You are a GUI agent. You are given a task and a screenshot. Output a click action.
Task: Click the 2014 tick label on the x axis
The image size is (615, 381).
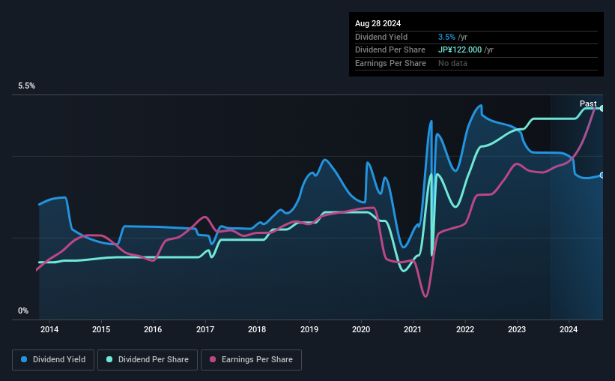pyautogui.click(x=49, y=329)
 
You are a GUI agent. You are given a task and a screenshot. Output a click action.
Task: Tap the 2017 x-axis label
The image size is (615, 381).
pyautogui.click(x=205, y=329)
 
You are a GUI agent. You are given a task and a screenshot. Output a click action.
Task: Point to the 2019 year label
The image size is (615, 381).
pyautogui.click(x=309, y=329)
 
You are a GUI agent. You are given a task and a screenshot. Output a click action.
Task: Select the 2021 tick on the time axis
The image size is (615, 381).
pyautogui.click(x=413, y=329)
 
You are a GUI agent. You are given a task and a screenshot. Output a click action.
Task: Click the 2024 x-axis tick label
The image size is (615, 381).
pyautogui.click(x=569, y=329)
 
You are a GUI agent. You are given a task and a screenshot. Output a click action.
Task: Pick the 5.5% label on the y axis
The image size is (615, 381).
pyautogui.click(x=26, y=86)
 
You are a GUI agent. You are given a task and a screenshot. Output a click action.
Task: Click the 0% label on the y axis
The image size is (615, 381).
pyautogui.click(x=23, y=310)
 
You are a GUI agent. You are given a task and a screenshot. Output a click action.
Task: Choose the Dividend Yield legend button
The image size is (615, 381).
pyautogui.click(x=53, y=360)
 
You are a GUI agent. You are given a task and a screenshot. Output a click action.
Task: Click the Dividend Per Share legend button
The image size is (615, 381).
pyautogui.click(x=147, y=360)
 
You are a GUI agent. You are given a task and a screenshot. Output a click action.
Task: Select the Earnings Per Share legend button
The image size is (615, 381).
pyautogui.click(x=252, y=360)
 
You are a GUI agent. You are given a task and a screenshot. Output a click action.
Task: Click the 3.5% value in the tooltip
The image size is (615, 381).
pyautogui.click(x=446, y=37)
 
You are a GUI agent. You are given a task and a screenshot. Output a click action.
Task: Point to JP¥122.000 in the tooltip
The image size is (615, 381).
pyautogui.click(x=460, y=50)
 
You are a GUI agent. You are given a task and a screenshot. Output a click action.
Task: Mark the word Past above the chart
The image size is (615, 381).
pyautogui.click(x=588, y=103)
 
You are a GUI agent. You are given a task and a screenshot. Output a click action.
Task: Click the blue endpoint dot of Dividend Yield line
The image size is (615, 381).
pyautogui.click(x=602, y=175)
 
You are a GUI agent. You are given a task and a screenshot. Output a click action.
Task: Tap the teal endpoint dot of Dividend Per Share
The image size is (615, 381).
pyautogui.click(x=602, y=109)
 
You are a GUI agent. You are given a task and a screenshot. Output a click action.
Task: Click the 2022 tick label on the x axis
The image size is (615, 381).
pyautogui.click(x=465, y=329)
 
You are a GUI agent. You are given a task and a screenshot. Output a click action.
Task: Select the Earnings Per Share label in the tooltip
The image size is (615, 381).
pyautogui.click(x=390, y=64)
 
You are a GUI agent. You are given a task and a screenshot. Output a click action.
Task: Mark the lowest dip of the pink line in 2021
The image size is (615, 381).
pyautogui.click(x=425, y=296)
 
